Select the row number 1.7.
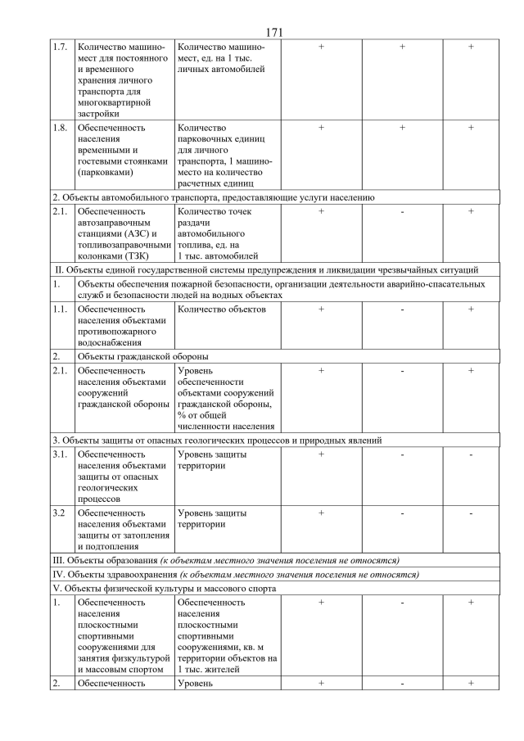(59, 47)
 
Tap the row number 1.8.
(59, 128)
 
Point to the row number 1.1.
(59, 310)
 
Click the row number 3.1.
(59, 454)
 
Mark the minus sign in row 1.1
(402, 310)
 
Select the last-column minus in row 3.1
(471, 454)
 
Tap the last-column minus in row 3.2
(471, 513)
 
